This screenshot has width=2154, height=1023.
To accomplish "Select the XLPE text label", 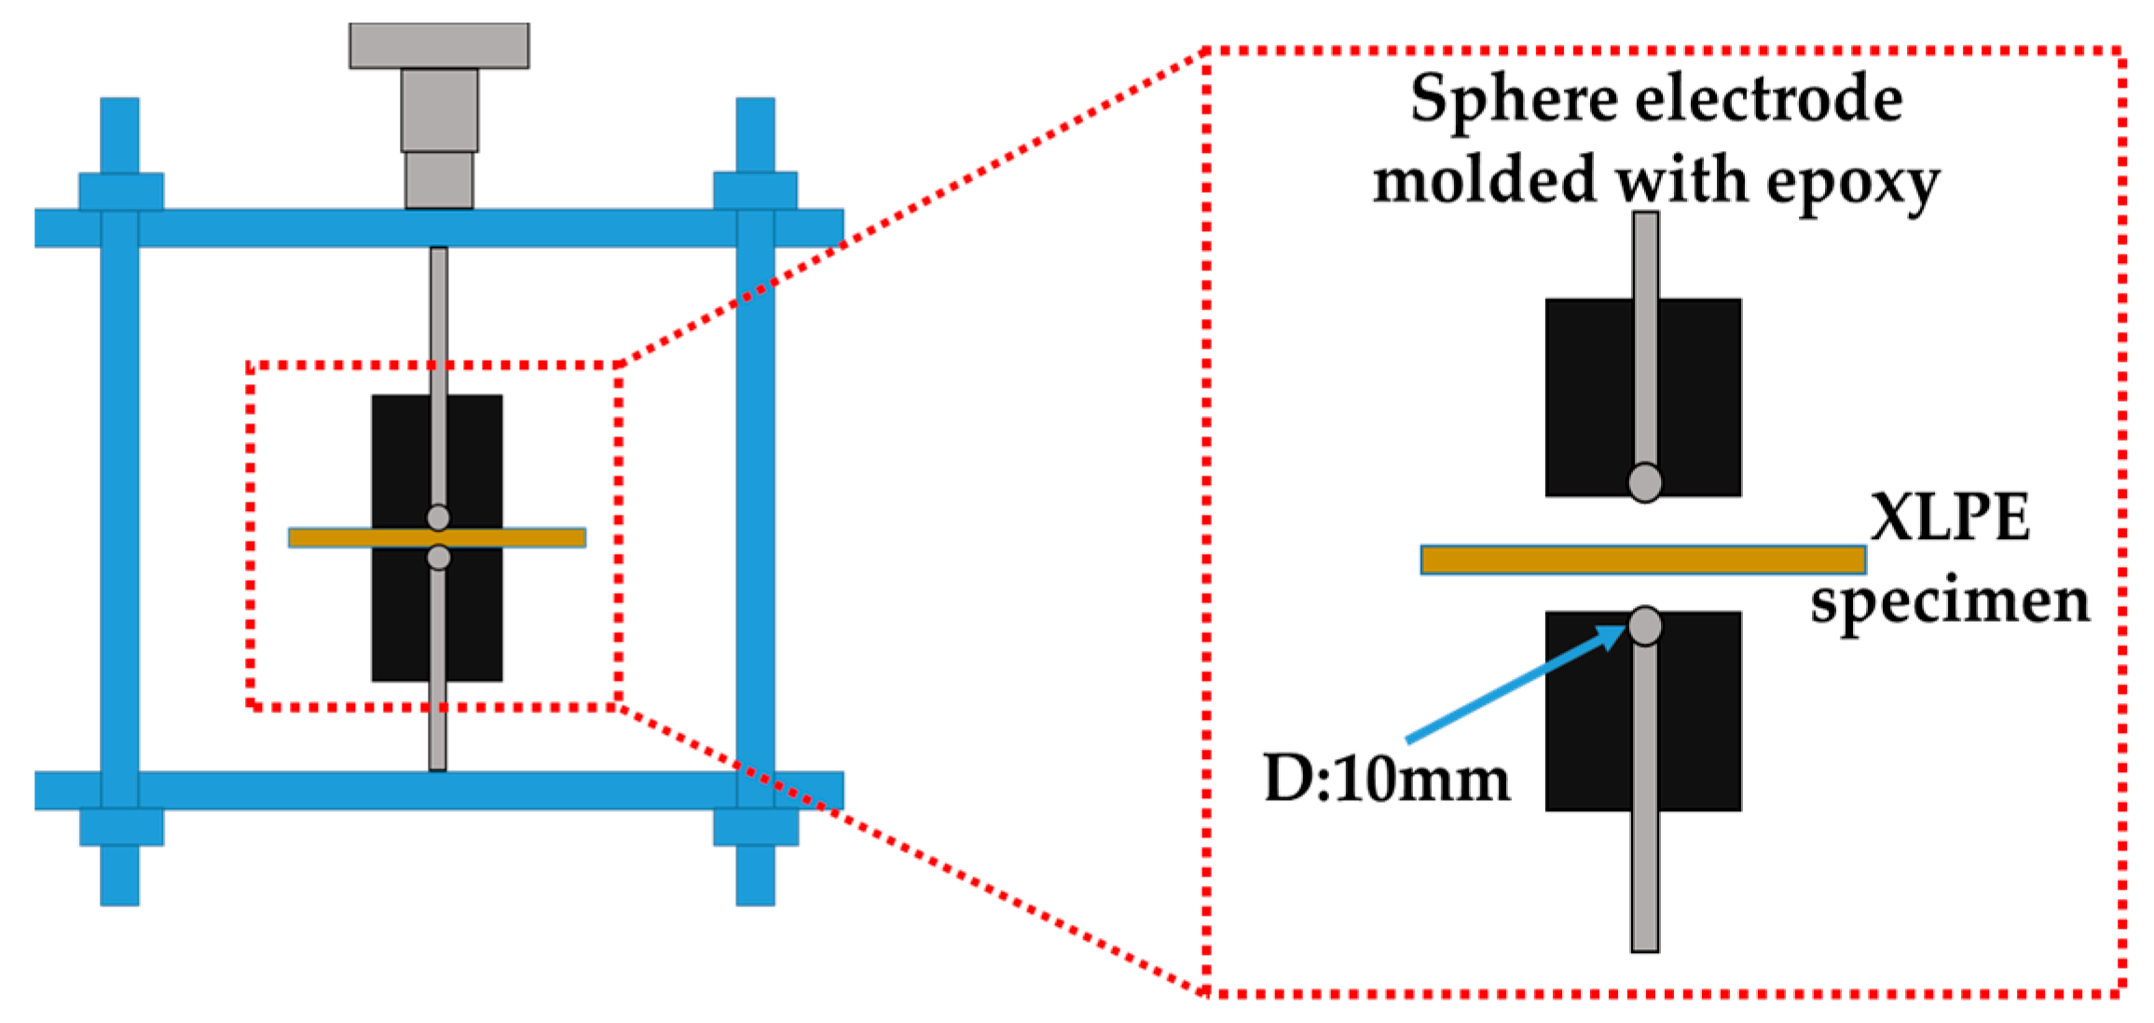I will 1950,518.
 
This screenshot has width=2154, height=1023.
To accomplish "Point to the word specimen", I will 1950,602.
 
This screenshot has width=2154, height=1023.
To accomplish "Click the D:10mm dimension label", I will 1386,780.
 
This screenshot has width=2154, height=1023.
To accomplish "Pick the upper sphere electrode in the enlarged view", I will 1645,483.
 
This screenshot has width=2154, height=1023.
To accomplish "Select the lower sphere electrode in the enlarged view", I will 1645,626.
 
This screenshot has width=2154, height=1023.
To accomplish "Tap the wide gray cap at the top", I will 439,46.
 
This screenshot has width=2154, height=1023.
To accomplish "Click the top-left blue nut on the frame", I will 121,190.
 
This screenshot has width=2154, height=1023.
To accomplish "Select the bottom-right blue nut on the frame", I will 755,827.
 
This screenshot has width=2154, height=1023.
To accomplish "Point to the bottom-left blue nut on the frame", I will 121,827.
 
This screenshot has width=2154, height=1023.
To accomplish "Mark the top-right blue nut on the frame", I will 755,190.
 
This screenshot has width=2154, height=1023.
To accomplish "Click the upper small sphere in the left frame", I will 438,517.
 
